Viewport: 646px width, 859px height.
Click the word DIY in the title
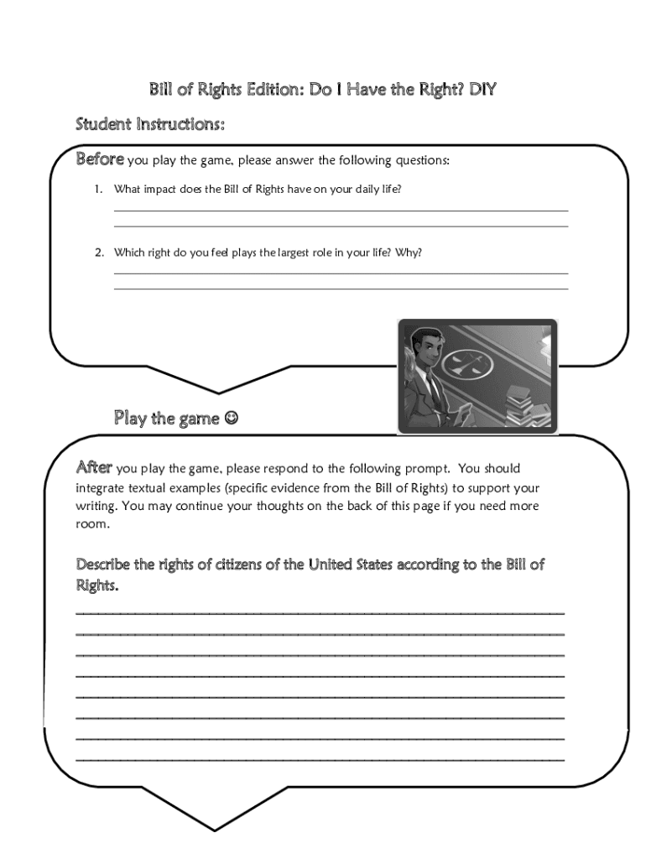(482, 89)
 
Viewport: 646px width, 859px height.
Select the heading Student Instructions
(150, 125)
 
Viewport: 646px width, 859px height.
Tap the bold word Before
(101, 159)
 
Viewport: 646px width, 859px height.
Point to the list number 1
(97, 190)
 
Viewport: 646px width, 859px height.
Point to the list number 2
(97, 252)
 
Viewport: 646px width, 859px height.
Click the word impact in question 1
(158, 190)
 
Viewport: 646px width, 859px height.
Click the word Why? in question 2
(409, 252)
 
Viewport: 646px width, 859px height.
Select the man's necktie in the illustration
(432, 390)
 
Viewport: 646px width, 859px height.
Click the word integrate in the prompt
(101, 487)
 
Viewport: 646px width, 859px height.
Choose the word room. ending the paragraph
(92, 524)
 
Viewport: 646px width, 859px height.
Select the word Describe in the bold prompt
(103, 565)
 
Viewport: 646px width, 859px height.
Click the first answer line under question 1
(341, 211)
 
